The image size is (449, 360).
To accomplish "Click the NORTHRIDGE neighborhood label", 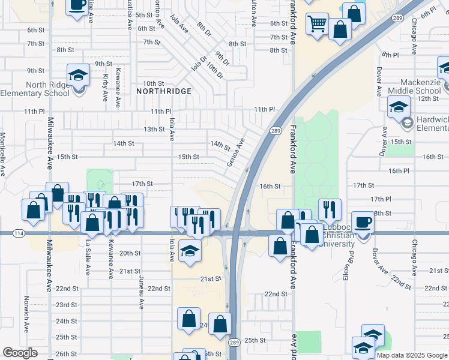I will [164, 91].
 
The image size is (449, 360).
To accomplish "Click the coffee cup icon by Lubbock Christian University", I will [363, 223].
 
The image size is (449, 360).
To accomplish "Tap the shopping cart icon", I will [316, 24].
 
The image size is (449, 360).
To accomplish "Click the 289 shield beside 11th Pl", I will [276, 131].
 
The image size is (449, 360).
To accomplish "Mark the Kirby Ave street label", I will [106, 88].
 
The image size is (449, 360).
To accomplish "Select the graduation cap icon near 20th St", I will [190, 250].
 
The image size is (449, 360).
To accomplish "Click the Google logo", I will [20, 353].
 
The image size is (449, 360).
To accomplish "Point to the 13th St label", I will [154, 129].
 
